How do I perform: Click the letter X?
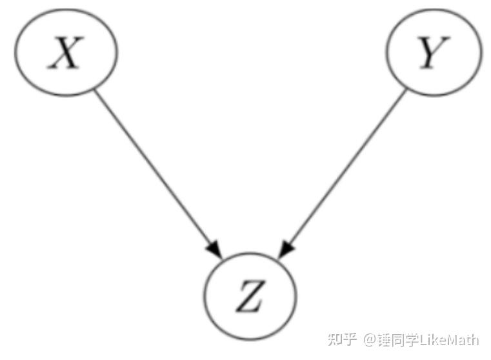[65, 53]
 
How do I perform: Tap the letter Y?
[434, 52]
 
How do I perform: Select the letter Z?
[250, 296]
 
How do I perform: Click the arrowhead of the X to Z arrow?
[214, 250]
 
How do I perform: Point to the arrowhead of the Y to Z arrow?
[286, 250]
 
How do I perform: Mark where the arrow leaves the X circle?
[95, 90]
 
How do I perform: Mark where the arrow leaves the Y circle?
[406, 90]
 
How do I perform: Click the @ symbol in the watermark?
[370, 340]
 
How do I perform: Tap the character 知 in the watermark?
[334, 339]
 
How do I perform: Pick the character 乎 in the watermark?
[350, 339]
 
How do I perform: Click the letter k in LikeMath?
[434, 340]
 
